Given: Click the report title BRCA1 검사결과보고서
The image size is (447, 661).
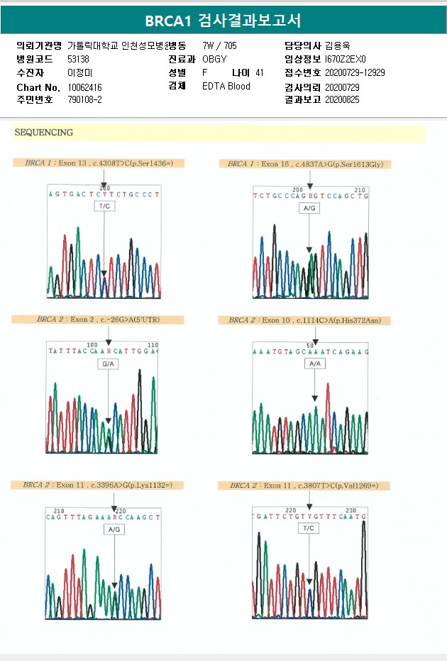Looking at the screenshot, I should (223, 21).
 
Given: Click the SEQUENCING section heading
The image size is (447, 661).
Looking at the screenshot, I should (44, 133).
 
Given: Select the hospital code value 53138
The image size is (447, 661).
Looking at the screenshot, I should (78, 59).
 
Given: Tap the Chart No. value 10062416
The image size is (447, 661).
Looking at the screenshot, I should (85, 87).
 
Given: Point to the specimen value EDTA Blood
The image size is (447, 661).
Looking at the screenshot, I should (226, 87).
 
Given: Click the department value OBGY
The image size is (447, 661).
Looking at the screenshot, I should (214, 59).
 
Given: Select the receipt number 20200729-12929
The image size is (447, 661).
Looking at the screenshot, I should (355, 73).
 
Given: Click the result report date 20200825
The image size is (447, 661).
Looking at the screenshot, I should (342, 100).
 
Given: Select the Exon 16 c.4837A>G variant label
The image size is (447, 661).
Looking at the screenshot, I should (305, 164).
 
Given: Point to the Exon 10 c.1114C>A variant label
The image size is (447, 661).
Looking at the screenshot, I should (304, 321).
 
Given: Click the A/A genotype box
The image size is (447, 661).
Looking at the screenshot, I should (314, 364).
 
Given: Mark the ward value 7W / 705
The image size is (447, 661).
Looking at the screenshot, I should (220, 45).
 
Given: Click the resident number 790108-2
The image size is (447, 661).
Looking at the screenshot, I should (84, 100).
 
